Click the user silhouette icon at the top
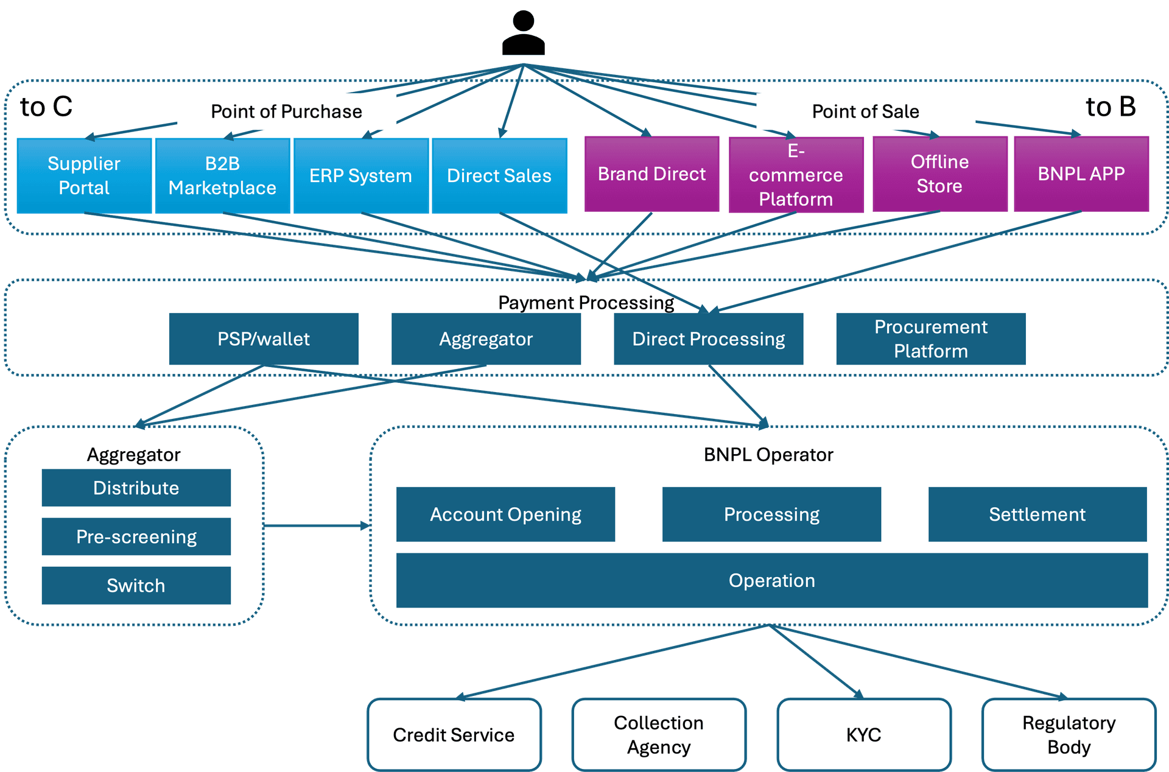coord(523,33)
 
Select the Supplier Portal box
coord(84,176)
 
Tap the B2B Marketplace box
coord(222,176)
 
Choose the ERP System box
coord(360,176)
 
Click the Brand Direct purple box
coord(651,174)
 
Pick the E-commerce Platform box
coord(796,175)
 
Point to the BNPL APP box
coord(1081,174)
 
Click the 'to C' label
coord(46,107)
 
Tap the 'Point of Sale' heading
coord(865,111)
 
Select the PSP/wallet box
coord(264,339)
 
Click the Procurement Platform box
coord(930,339)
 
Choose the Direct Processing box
coord(708,339)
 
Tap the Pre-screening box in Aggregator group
coord(136,536)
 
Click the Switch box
coord(136,586)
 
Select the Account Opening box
coord(505,514)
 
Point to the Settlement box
coord(1037,514)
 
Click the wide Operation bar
coord(771,580)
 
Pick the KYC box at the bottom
coord(863,735)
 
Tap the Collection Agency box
coord(658,735)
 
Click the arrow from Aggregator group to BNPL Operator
coord(317,525)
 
